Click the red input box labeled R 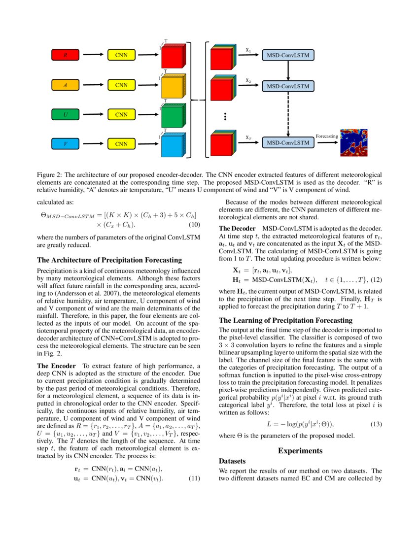click(66, 55)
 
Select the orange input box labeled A click(66, 85)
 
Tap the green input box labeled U click(66, 114)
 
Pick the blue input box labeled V click(66, 144)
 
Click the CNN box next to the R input click(121, 55)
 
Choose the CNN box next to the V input click(121, 144)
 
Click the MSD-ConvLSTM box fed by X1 click(288, 55)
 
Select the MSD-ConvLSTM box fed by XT click(288, 143)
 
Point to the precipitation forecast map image click(353, 142)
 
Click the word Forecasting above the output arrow click(327, 136)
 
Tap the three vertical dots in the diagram click(224, 116)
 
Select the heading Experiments click(300, 450)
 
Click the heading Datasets click(232, 461)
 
